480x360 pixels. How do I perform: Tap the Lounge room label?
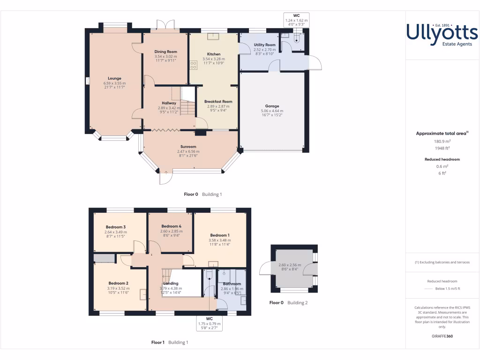(114, 78)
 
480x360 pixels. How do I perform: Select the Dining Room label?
(166, 52)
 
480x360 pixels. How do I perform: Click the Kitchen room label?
(214, 54)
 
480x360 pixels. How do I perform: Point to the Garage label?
(272, 106)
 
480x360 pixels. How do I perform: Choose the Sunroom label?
(188, 147)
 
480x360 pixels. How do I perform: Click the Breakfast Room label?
(218, 101)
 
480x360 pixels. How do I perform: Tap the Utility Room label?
(264, 45)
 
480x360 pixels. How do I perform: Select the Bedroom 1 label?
(219, 235)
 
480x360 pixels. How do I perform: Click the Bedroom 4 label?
(171, 226)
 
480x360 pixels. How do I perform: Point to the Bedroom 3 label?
(115, 227)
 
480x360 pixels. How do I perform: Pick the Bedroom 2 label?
(118, 283)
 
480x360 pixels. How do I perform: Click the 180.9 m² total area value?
(442, 141)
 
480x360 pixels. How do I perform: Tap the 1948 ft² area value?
(442, 148)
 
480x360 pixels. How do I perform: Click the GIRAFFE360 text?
(442, 336)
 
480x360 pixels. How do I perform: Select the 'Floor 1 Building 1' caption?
(169, 342)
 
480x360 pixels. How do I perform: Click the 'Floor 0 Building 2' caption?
(288, 303)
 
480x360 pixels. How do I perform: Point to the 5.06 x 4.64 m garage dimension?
(272, 111)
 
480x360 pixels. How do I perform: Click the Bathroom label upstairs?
(232, 284)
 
